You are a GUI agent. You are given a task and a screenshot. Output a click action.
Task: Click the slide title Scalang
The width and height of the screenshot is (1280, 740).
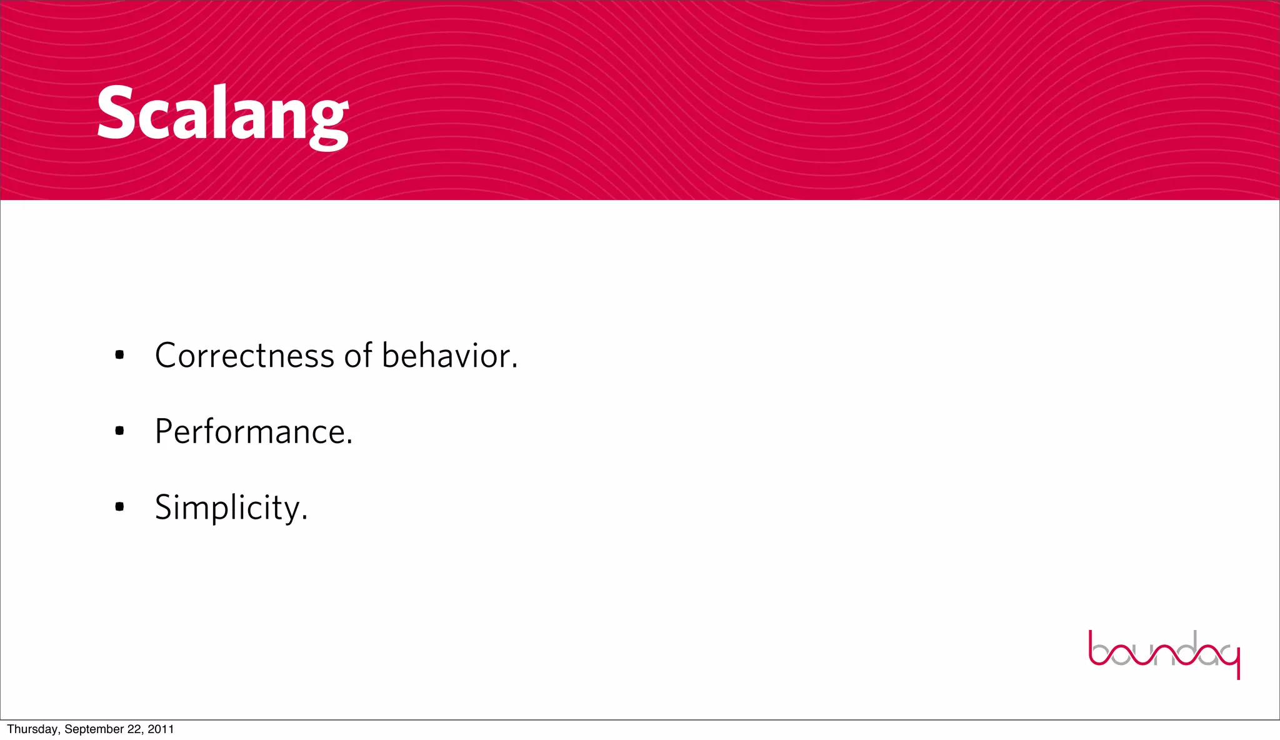[222, 116]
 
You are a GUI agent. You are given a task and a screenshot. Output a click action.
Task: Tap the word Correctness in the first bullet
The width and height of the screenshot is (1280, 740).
[244, 356]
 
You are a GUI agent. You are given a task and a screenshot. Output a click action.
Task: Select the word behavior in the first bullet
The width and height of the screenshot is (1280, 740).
[445, 356]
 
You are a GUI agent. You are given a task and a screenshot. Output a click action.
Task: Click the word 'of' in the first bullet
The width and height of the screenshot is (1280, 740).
[358, 356]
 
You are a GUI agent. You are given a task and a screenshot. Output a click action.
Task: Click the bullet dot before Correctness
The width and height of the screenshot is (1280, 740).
[119, 356]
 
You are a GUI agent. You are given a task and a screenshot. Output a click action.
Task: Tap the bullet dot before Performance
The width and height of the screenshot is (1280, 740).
[119, 431]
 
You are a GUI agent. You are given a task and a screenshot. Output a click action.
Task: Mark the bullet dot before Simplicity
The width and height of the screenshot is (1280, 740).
[119, 506]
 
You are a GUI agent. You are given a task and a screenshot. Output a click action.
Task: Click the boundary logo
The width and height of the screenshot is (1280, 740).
[1164, 652]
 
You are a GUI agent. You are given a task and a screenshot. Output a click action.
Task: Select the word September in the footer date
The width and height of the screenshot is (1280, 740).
[94, 729]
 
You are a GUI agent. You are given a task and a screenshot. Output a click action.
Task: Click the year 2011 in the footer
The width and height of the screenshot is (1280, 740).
[161, 729]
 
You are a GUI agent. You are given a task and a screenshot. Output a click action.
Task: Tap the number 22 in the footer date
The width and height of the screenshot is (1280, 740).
[135, 729]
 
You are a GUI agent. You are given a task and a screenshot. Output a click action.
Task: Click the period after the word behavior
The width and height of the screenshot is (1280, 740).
[514, 366]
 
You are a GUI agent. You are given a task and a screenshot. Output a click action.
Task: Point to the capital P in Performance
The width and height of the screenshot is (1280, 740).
[164, 431]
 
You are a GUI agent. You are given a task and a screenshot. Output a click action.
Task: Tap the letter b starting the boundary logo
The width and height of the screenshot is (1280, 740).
[1099, 650]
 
